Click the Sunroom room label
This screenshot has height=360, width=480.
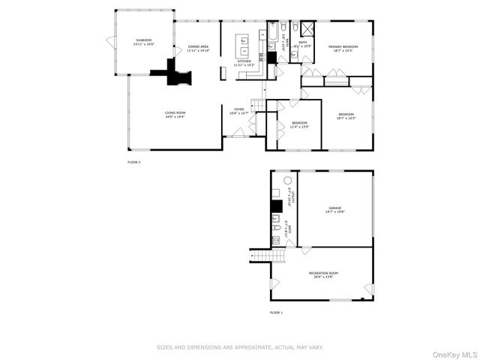143,42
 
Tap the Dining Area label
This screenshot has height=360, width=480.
199,49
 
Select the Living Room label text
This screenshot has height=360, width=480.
175,115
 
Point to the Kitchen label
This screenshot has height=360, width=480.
244,63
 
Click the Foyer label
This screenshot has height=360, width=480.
239,112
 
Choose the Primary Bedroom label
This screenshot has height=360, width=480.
343,48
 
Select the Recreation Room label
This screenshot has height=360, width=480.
324,275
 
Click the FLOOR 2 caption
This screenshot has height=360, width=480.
134,161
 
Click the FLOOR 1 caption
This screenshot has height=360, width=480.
277,312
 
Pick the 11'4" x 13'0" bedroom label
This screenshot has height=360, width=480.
300,124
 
